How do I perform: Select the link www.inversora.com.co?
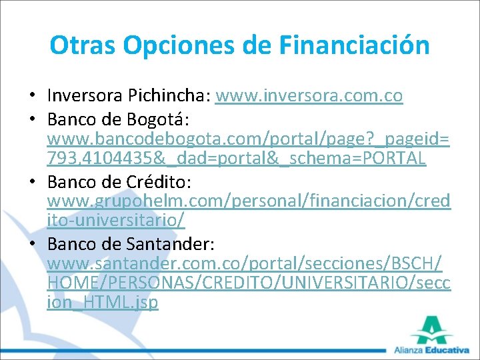[309, 96]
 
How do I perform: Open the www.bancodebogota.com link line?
[248, 139]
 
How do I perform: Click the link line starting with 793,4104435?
[237, 159]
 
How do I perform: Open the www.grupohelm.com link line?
[249, 201]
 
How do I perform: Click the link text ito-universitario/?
[116, 220]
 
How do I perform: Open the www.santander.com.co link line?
[245, 263]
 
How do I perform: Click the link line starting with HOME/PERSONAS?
[249, 282]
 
